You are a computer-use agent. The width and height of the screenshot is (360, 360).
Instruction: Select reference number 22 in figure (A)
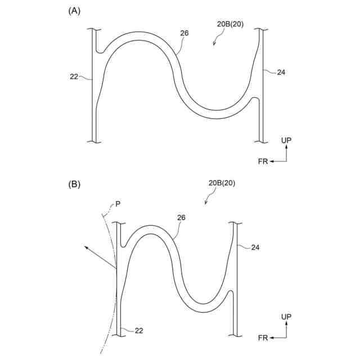[74, 76]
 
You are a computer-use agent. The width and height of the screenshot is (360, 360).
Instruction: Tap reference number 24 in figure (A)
[282, 72]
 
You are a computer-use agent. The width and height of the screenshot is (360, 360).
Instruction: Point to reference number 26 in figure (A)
[184, 33]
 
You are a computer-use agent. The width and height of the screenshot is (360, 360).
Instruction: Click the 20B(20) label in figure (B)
[222, 183]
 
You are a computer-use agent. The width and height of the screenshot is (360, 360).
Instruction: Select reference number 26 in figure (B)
[181, 217]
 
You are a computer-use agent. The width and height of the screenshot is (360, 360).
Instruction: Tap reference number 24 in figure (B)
[255, 247]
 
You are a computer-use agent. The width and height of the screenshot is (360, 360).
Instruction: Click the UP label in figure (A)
[286, 139]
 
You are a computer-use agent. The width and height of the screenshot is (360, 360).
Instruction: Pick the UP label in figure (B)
[286, 317]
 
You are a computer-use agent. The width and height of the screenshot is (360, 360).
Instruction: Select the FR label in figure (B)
[263, 337]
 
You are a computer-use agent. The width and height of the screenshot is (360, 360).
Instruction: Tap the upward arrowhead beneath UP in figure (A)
[286, 147]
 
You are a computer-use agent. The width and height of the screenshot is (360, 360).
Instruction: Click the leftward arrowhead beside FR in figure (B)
[271, 337]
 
